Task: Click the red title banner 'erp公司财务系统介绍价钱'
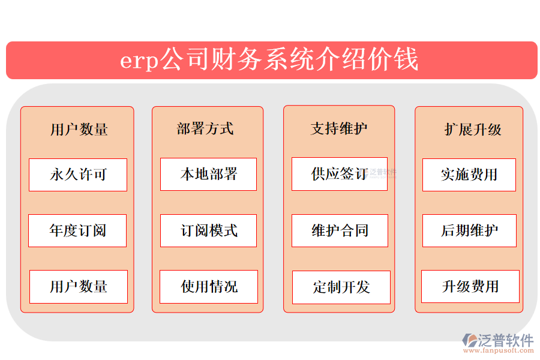[271, 60]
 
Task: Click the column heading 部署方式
[205, 128]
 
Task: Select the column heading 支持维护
[339, 128]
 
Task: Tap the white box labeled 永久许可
[78, 175]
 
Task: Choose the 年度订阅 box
[77, 230]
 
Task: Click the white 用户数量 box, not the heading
[79, 287]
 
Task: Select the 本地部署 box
[208, 174]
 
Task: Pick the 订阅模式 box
[208, 230]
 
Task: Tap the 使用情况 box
[209, 287]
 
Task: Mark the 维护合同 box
[340, 230]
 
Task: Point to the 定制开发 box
[341, 287]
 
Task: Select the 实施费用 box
[469, 175]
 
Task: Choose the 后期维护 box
[469, 230]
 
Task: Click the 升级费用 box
[470, 287]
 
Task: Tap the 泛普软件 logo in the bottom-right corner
[498, 340]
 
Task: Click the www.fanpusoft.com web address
[504, 350]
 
